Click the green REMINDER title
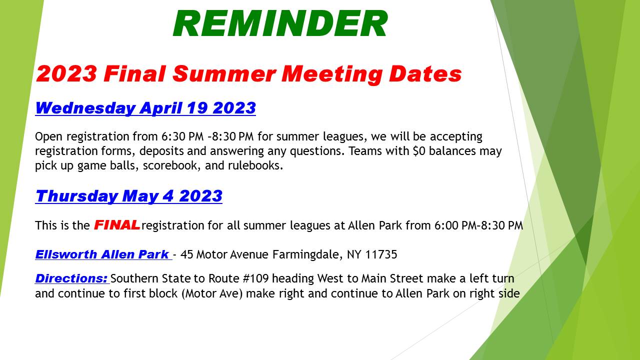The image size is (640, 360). (280, 23)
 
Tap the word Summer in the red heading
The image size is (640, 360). (223, 74)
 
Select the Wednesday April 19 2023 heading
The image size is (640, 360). (145, 108)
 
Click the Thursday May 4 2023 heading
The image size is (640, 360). (128, 196)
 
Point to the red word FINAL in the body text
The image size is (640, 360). (116, 225)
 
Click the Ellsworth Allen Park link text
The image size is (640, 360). (102, 254)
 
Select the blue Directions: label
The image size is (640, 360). (71, 278)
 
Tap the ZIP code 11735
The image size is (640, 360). (381, 254)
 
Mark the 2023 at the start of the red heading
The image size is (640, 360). (66, 74)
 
